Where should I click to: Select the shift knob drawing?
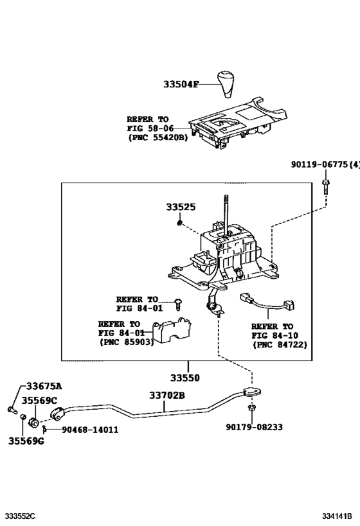[229, 80]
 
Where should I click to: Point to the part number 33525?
[181, 207]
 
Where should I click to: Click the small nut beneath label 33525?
[181, 223]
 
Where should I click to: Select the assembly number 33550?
[184, 378]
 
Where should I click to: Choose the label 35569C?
[40, 399]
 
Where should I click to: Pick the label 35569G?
[26, 441]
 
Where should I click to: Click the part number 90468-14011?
[90, 430]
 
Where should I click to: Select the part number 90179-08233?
[254, 426]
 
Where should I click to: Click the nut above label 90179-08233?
[252, 408]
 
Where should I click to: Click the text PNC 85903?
[128, 342]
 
